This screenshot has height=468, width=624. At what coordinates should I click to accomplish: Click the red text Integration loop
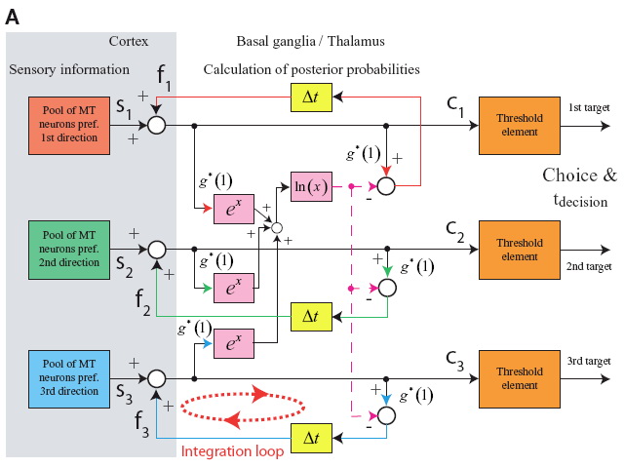pos(232,451)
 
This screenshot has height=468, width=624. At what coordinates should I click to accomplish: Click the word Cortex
pos(129,41)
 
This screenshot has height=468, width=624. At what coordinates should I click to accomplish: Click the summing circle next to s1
pos(155,126)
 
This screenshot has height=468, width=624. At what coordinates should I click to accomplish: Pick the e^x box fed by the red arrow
pos(234,209)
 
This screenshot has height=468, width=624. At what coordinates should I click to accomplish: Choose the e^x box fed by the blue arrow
pos(234,343)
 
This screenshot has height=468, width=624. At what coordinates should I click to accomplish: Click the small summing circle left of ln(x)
pos(277,228)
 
